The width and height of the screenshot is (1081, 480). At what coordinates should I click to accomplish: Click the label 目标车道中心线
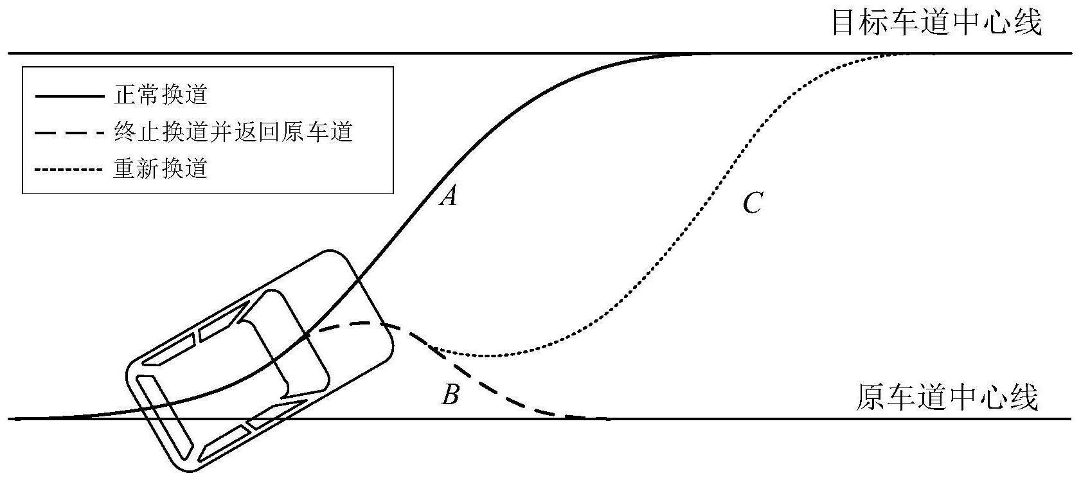pos(936,23)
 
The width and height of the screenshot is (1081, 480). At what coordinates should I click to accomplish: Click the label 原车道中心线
pos(947,398)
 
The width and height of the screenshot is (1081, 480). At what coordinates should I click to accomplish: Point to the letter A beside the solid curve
pos(448,195)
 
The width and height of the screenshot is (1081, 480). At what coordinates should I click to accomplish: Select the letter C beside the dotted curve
pos(752,204)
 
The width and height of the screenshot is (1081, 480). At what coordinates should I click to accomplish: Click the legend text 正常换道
pos(161,95)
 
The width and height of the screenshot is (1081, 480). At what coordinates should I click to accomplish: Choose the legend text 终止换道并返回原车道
pos(233,132)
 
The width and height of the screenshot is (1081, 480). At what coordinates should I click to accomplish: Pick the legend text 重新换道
pos(161,169)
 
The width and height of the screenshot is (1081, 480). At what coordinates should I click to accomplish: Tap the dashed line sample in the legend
pos(69,133)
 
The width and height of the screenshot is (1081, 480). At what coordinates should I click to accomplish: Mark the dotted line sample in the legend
pos(69,170)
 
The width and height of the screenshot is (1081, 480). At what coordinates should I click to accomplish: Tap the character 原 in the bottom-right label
pos(868,398)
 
